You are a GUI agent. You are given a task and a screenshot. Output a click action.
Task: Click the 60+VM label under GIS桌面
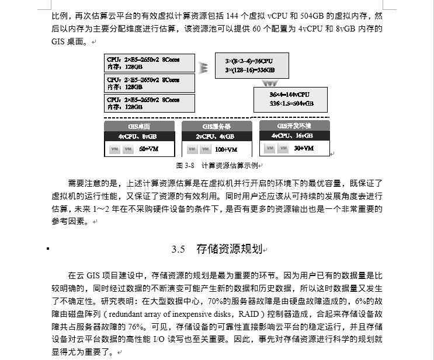(149, 149)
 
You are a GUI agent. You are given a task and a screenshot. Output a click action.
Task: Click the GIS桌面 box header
(139, 127)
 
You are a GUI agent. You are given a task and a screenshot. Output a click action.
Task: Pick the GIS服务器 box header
(216, 127)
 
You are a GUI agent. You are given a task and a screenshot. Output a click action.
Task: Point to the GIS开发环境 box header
(294, 125)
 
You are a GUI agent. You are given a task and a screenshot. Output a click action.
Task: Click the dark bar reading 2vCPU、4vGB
(216, 137)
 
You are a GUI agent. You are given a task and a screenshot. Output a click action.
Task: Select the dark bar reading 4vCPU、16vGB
(294, 135)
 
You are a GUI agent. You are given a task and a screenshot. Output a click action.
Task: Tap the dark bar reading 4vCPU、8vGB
(139, 137)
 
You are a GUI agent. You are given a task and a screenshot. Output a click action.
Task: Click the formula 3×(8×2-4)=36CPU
(249, 61)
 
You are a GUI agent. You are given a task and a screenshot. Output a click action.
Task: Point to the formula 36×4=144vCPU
(289, 95)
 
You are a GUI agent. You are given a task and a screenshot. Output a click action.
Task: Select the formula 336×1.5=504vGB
(291, 103)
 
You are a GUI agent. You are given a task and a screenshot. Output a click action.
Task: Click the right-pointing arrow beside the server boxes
(203, 68)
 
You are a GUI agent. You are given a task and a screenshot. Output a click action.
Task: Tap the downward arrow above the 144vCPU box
(270, 84)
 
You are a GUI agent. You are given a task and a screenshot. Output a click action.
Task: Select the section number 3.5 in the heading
(178, 249)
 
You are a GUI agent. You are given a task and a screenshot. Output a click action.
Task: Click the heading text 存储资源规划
(229, 249)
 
